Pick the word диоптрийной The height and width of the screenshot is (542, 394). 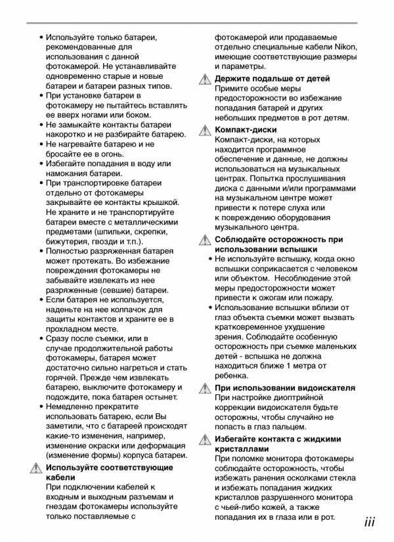coord(290,397)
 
